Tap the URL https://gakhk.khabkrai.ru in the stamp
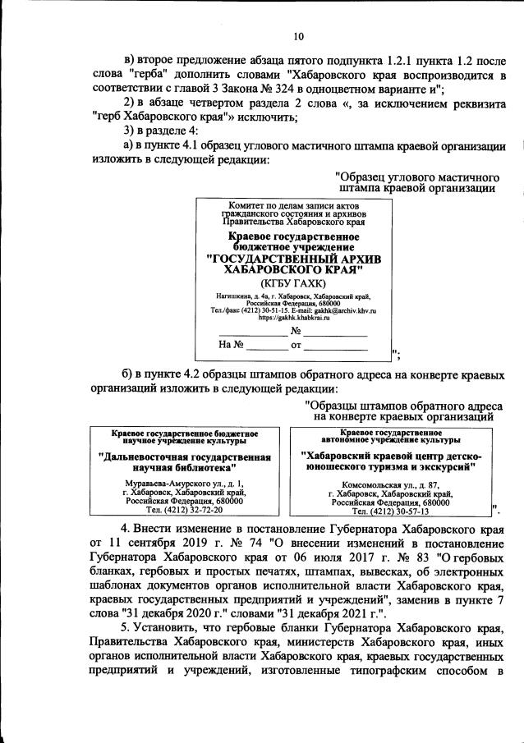click(292, 317)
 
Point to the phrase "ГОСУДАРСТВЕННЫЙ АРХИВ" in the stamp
click(293, 258)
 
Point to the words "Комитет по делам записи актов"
click(292, 205)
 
